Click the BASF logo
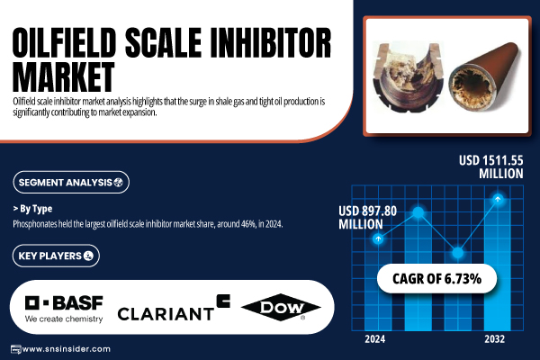[x=64, y=309]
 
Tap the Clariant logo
[x=174, y=308]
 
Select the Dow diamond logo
[x=281, y=307]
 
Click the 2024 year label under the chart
[x=375, y=339]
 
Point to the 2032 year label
[x=494, y=339]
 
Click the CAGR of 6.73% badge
[x=436, y=278]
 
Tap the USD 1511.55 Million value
[x=490, y=166]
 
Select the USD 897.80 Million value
[x=367, y=218]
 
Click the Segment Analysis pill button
[x=71, y=182]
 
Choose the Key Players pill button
[x=56, y=256]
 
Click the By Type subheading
[x=32, y=209]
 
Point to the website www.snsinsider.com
[x=66, y=349]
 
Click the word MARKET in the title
[x=63, y=76]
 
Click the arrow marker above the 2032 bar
[x=498, y=199]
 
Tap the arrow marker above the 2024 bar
[x=378, y=238]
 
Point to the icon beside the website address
[x=15, y=349]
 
